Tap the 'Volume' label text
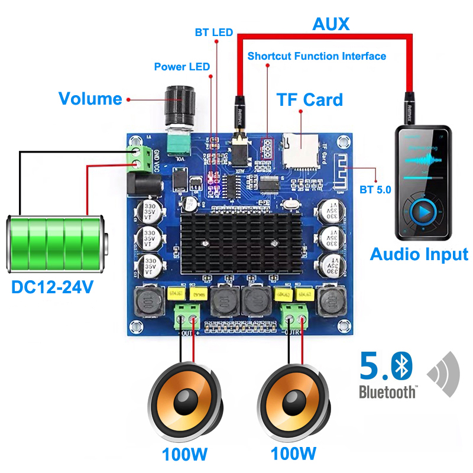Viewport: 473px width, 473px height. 90,99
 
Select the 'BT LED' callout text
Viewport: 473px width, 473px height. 214,32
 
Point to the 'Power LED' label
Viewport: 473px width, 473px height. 182,67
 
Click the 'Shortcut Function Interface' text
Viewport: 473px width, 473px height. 317,57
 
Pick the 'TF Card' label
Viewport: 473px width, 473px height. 310,99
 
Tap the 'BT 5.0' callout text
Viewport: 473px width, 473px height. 375,190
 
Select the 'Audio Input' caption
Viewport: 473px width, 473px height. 419,254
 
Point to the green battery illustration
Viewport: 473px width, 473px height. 56,242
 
